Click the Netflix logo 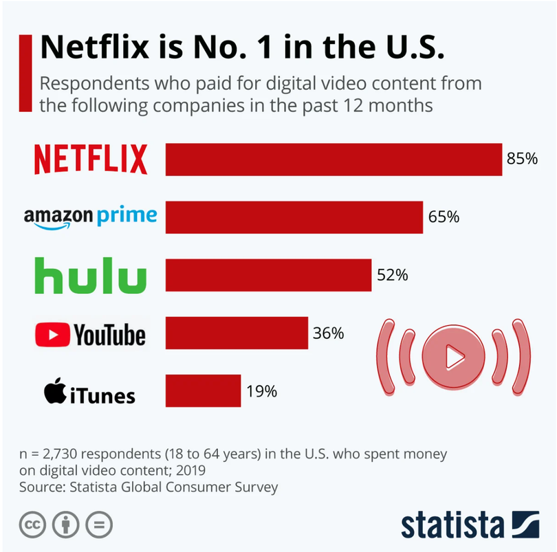click(91, 159)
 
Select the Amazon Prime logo click(91, 217)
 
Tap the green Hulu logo click(91, 276)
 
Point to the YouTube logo click(91, 335)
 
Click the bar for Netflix click(334, 159)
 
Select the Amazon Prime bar click(294, 217)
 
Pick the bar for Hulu click(268, 275)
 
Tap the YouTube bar click(237, 333)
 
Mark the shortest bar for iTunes click(203, 391)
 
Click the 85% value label click(522, 159)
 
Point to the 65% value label click(444, 217)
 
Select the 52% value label click(393, 275)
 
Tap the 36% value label click(328, 333)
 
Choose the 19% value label click(261, 391)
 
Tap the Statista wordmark click(452, 525)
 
